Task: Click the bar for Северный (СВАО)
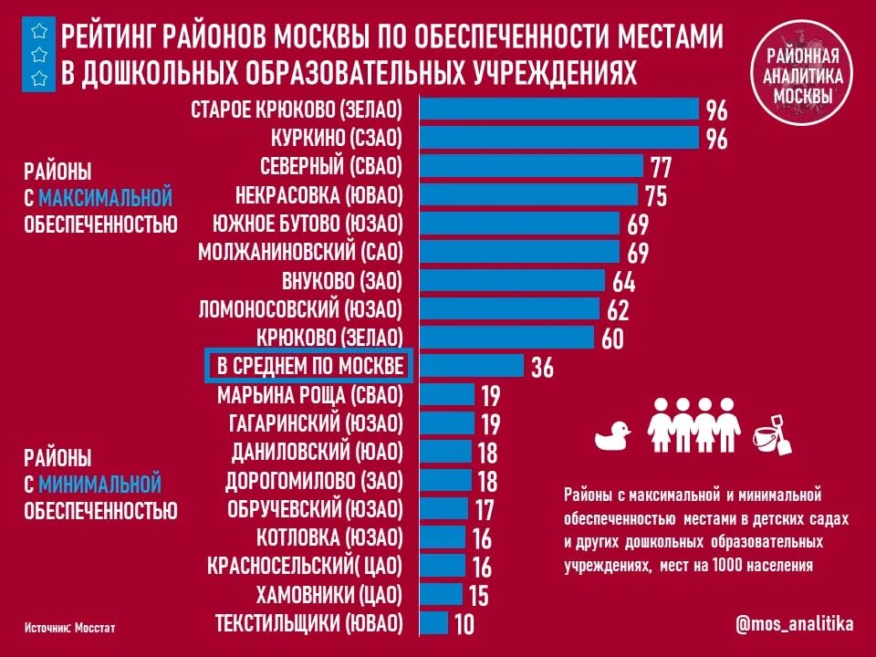click(x=532, y=166)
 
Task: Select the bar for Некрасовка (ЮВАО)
click(x=528, y=194)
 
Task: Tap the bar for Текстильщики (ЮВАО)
click(x=434, y=623)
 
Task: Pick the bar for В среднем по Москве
click(x=472, y=366)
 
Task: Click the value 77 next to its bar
click(x=661, y=168)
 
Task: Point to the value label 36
click(x=542, y=368)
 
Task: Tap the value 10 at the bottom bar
click(x=464, y=625)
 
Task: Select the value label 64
click(x=623, y=282)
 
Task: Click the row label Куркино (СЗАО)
click(x=336, y=139)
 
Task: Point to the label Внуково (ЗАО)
click(x=342, y=281)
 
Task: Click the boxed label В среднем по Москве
click(x=309, y=366)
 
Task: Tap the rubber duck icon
click(x=613, y=435)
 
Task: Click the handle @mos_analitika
click(x=794, y=624)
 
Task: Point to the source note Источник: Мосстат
click(x=70, y=629)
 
